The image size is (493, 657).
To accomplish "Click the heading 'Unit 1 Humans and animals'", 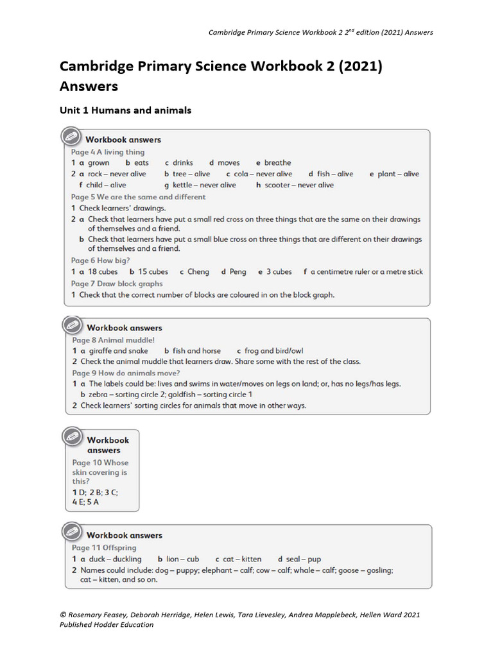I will pos(125,110).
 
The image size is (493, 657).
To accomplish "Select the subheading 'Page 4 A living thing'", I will pos(108,152).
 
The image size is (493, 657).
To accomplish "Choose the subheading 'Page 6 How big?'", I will pos(101,260).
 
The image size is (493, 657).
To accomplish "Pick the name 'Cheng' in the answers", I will pos(198,272).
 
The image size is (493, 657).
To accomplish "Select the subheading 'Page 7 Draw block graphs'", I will pos(117,284).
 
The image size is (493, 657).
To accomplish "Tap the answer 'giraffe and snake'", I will pos(118,351).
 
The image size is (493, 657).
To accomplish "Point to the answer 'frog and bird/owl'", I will pos(275,351).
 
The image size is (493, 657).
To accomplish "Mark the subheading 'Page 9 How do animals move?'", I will pos(126,373).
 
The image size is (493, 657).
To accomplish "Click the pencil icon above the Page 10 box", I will pos(72,437).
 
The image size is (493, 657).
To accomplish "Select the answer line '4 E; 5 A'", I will pos(86,502).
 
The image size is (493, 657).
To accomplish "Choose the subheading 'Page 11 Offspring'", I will pos(104,548).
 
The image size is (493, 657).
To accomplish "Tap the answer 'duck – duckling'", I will pos(115,559).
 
